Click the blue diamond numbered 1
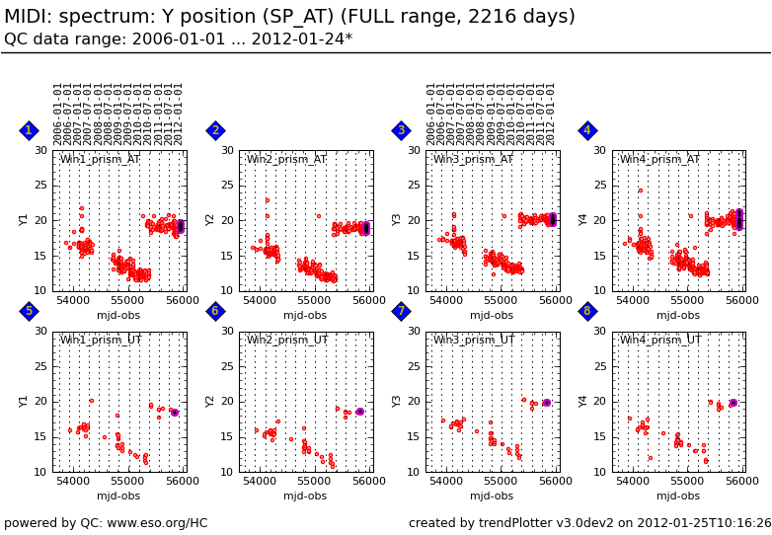29,130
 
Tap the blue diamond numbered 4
587,130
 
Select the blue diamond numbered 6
215,311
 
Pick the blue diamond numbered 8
587,311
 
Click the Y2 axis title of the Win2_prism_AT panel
211,220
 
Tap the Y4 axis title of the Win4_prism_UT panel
584,401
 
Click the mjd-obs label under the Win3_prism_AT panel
492,316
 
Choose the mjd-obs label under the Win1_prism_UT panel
118,497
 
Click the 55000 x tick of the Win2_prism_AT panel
314,300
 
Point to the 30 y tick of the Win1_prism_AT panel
40,150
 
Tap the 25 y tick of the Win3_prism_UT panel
414,366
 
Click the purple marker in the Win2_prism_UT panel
359,412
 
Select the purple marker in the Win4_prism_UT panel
733,403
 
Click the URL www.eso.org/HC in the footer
158,523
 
